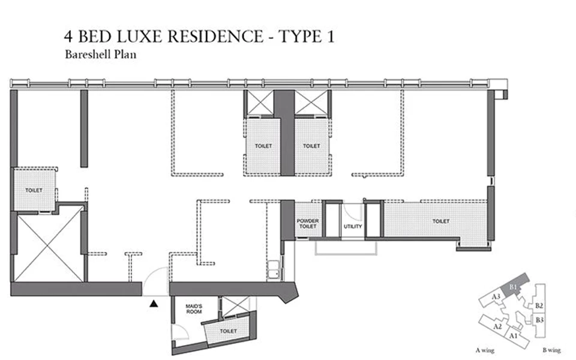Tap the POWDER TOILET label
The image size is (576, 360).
pos(308,224)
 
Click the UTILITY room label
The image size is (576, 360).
pos(352,227)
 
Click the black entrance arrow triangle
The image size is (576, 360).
pos(154,304)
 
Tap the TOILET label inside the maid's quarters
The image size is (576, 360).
pos(228,331)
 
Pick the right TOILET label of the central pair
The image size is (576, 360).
pos(311,146)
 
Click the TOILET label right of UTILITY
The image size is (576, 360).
pos(440,221)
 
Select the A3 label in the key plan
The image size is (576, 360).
pos(496,296)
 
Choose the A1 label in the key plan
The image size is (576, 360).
pos(513,337)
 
